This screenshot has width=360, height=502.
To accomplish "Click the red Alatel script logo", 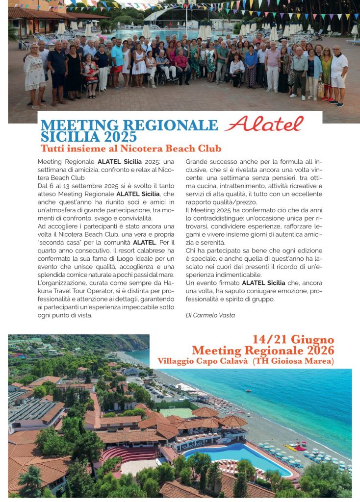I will pos(264,124).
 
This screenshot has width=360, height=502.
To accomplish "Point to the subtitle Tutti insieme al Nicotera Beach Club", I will pos(131,148).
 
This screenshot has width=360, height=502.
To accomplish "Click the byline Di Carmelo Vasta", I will pos(210,315).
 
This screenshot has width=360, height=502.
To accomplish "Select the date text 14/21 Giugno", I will pos(293,339).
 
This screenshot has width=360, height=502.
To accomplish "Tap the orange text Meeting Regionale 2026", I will pos(263,350).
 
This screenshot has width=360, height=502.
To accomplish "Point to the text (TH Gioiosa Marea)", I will pos(293,361).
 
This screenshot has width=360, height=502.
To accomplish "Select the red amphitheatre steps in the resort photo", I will pos(123,454).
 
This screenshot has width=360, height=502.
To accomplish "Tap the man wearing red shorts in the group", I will pos(117,64).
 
